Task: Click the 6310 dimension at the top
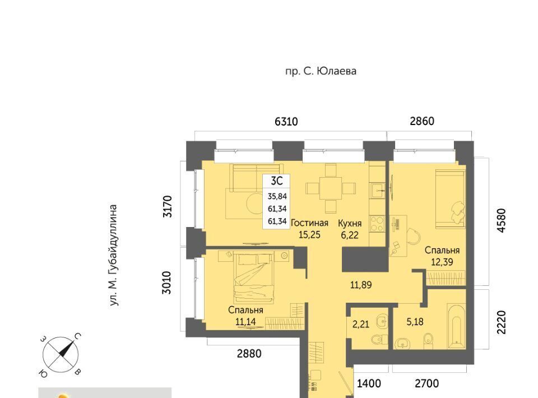pos(286,122)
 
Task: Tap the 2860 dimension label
pos(422,121)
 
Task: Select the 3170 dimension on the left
pos(168,206)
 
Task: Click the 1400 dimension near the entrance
pos(369,383)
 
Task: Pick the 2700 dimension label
pos(427,383)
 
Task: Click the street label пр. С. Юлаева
pos(321,71)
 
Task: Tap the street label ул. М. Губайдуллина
pos(114,255)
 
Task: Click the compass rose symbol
pos(61,355)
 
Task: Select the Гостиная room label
pos(309,223)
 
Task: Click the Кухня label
pos(350,223)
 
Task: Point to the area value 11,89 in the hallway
pos(360,285)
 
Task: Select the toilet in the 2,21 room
pos(379,340)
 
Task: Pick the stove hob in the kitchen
pos(377,224)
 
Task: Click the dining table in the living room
pos(331,188)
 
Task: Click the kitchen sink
pos(378,189)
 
